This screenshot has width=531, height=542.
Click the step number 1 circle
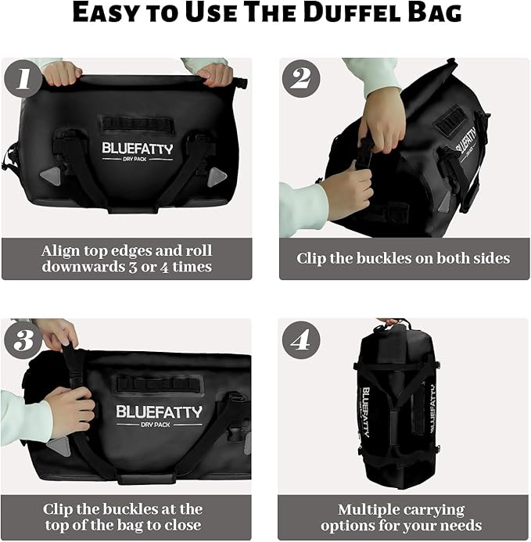pos(23,79)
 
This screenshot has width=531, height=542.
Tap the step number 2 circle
pos(301,79)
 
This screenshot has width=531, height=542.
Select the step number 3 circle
pos(23,340)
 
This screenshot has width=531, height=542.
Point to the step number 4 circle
pos(301,340)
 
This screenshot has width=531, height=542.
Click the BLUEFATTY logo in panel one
pos(137,148)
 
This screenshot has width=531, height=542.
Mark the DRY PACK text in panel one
pos(138,160)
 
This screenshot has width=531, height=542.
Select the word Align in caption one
pos(63,250)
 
